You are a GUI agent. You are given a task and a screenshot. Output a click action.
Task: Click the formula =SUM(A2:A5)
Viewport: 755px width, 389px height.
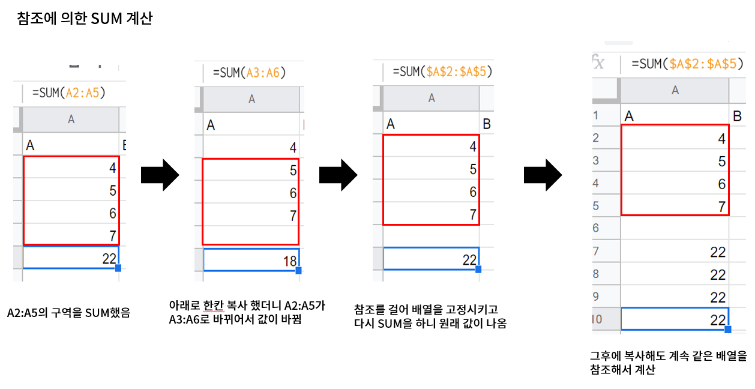click(x=69, y=92)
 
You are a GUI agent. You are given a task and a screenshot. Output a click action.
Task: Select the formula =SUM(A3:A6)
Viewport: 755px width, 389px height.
click(x=249, y=73)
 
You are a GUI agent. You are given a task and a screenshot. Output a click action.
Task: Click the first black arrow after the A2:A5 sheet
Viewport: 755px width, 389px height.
click(x=160, y=175)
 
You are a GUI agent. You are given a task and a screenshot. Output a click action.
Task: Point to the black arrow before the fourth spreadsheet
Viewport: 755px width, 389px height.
click(x=543, y=175)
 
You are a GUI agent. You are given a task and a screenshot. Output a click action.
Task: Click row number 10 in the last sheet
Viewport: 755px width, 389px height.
click(x=597, y=319)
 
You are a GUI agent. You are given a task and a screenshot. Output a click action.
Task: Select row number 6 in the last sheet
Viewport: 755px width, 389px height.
click(x=596, y=228)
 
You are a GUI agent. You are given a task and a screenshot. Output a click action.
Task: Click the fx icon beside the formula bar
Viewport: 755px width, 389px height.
click(x=598, y=63)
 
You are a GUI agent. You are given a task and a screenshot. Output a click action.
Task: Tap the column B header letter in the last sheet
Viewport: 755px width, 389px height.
click(x=738, y=115)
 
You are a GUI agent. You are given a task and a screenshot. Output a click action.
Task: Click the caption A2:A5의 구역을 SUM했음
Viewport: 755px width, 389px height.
click(x=68, y=312)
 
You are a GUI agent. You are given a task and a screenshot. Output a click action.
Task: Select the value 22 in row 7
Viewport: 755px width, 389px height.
click(x=718, y=252)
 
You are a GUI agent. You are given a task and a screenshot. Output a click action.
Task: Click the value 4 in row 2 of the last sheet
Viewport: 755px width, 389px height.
click(x=722, y=139)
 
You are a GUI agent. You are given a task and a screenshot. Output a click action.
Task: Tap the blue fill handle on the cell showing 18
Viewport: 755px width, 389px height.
click(x=299, y=271)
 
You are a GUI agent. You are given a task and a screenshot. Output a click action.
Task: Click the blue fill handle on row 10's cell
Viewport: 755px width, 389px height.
click(x=728, y=330)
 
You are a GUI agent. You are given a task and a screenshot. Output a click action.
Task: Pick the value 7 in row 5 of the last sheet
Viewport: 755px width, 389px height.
click(x=722, y=207)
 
